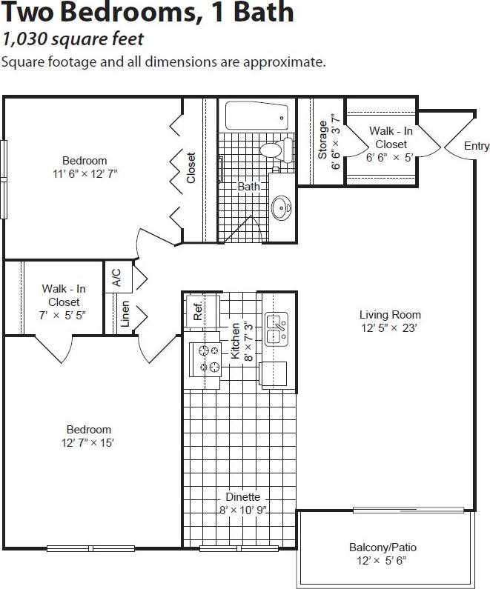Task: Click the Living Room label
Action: coord(391,314)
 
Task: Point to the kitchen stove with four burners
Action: coord(205,359)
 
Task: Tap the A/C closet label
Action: coord(116,278)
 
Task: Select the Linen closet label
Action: coord(125,314)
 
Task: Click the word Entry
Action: coord(477,146)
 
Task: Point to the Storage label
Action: coord(322,139)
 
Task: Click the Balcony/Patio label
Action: coord(383,548)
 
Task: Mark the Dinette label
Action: coord(242,497)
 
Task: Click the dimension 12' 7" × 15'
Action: coord(89,443)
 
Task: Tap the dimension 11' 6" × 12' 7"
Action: coord(85,173)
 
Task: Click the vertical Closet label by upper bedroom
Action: coord(191,168)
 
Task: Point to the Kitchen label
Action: coord(236,340)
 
